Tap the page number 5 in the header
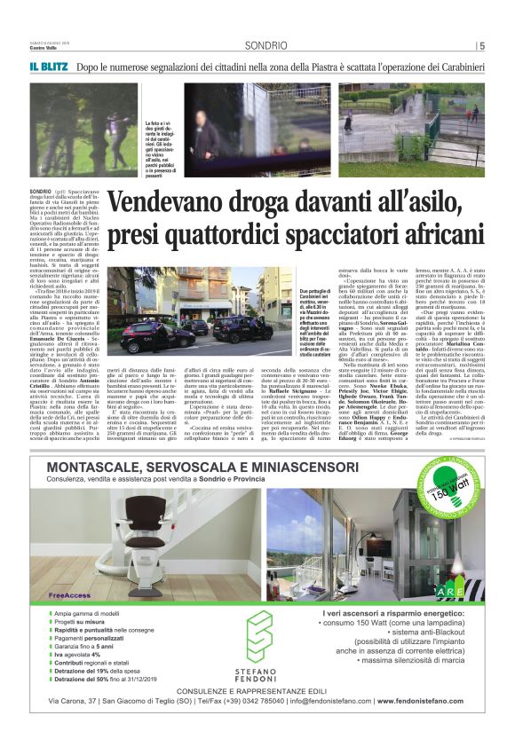480,46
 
